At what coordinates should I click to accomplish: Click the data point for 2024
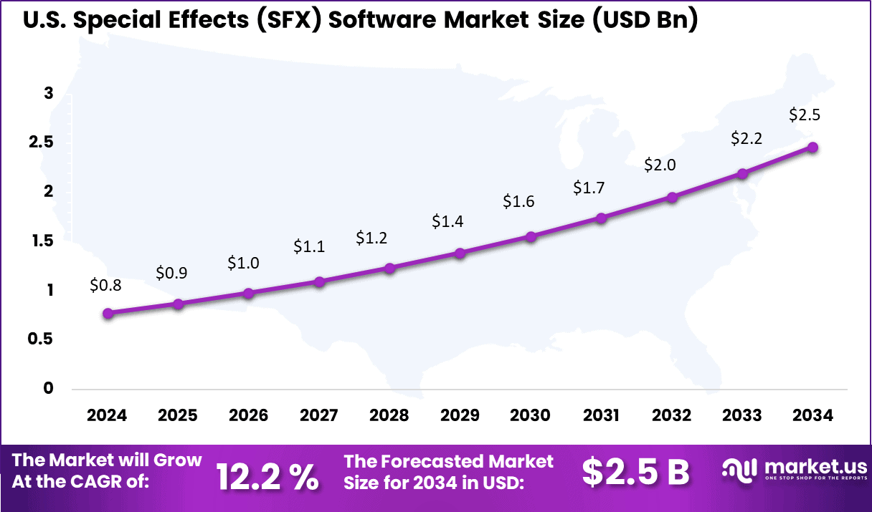(108, 313)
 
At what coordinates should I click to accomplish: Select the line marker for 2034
(812, 147)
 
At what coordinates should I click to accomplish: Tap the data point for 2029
(460, 253)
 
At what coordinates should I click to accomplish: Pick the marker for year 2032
(672, 197)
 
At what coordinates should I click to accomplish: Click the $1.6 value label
(518, 202)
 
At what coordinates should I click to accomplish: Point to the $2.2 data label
(746, 139)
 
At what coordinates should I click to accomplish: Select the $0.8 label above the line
(105, 285)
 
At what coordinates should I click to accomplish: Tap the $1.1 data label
(309, 247)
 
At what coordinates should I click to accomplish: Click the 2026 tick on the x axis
(248, 416)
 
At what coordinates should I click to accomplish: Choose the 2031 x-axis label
(601, 416)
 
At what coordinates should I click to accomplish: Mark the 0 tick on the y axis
(49, 388)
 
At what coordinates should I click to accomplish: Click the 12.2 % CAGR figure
(267, 475)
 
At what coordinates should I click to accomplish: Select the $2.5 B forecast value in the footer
(635, 473)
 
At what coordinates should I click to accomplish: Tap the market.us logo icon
(740, 470)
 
